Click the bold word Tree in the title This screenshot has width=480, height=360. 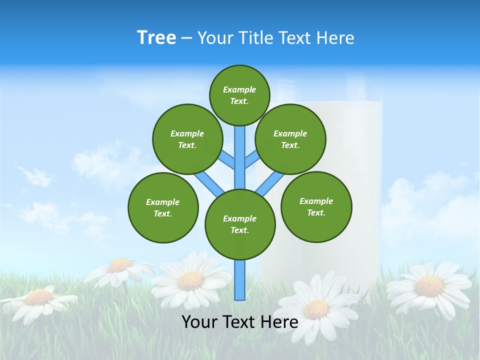pos(156,38)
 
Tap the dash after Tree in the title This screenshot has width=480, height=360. pos(186,38)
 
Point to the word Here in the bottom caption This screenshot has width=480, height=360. pos(278,322)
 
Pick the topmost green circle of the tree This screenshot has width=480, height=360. pos(239,95)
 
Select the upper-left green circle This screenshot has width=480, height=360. pos(187,139)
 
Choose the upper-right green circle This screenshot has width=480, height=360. pos(290,139)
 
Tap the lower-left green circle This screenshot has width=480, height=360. pos(163,207)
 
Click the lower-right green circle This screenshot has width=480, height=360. pos(316,206)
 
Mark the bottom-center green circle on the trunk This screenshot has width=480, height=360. pos(240,224)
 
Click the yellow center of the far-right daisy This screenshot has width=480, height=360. pos(429,286)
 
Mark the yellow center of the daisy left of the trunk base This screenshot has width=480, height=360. pos(190,281)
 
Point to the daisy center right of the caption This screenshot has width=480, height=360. pos(316,309)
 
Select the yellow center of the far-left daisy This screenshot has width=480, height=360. pos(39,297)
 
